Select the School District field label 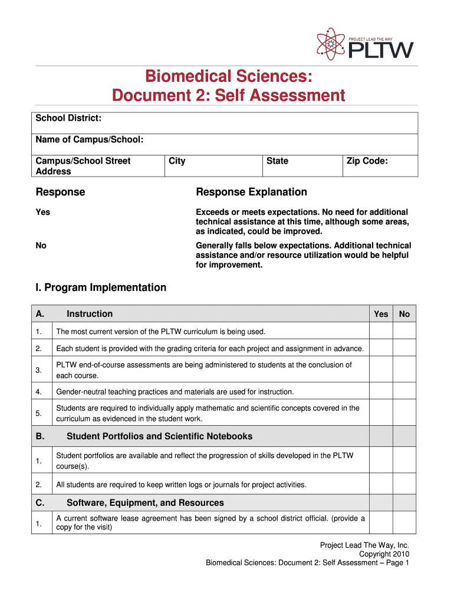tap(68, 119)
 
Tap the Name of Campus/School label tap(90, 140)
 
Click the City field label tap(177, 161)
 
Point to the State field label tap(277, 161)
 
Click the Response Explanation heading tap(251, 192)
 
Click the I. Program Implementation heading tap(101, 287)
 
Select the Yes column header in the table tap(381, 314)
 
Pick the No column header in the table tap(404, 314)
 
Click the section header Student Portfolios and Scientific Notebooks tap(159, 436)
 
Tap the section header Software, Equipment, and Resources tap(145, 503)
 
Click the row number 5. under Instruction tap(38, 413)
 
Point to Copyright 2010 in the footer tap(384, 554)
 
